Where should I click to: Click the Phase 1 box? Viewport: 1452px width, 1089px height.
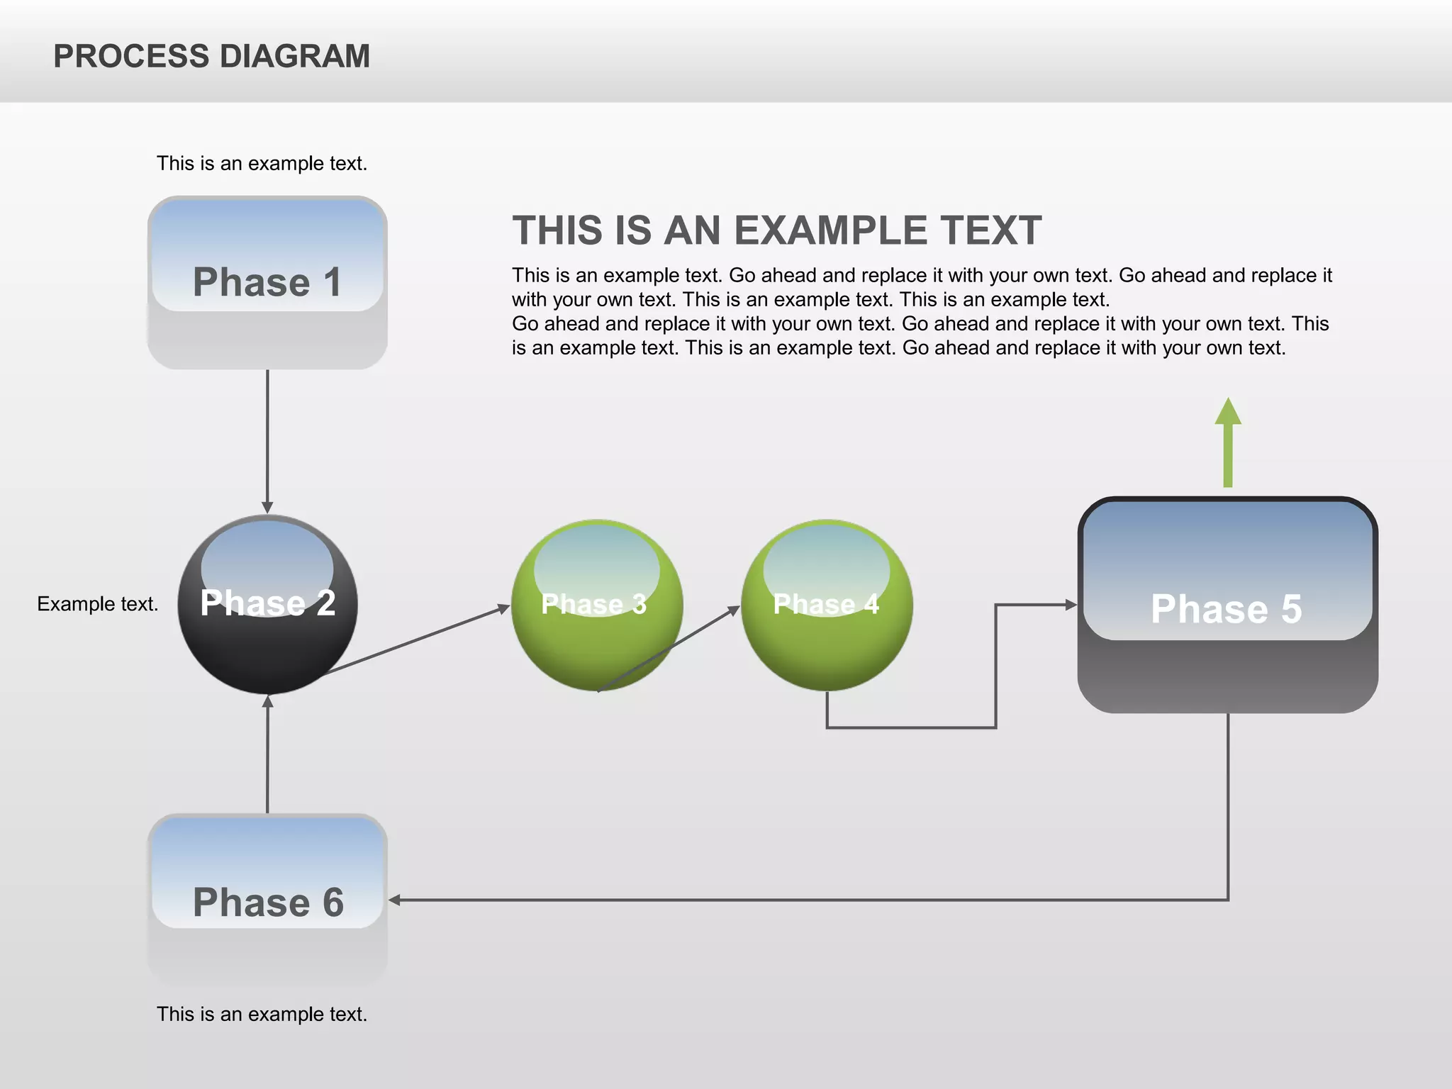tap(267, 282)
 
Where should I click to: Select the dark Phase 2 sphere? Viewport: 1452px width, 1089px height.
tap(267, 604)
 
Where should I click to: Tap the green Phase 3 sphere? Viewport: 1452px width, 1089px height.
tap(596, 605)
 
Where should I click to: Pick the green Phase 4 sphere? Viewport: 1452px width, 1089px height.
tap(827, 605)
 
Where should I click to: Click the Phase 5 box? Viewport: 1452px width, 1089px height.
tap(1227, 605)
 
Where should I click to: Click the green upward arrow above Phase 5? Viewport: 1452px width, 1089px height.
tap(1228, 442)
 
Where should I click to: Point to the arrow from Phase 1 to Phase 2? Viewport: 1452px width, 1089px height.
tap(267, 440)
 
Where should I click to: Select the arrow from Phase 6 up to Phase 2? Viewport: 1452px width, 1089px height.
tap(267, 755)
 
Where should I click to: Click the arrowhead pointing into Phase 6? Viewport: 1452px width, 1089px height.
tap(395, 900)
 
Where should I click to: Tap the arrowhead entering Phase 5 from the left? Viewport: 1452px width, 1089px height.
tap(1071, 605)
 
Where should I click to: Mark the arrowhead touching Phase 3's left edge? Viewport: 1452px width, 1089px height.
tap(503, 608)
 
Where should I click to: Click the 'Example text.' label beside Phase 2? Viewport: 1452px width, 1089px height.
tap(98, 604)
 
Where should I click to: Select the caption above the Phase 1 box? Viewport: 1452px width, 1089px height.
tap(262, 164)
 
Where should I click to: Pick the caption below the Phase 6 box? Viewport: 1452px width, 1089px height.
tap(262, 1015)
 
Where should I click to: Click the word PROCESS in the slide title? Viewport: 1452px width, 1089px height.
tap(131, 57)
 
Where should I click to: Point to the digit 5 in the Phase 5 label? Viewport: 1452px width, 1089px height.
tap(1290, 609)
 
